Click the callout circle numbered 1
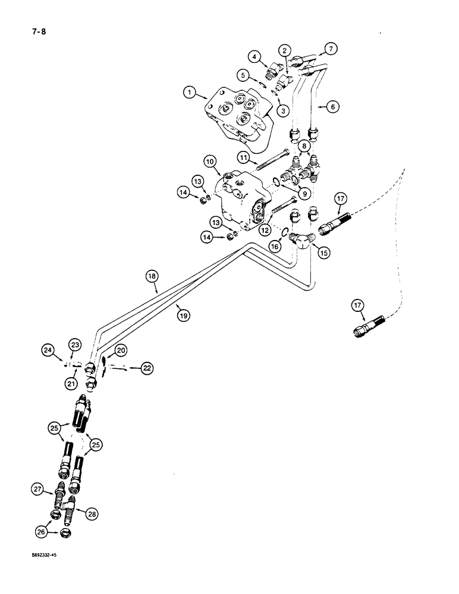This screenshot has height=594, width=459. (189, 92)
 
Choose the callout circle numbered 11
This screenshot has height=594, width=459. (244, 157)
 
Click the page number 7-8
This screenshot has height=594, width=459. (30, 33)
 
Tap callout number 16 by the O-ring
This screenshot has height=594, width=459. (275, 245)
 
